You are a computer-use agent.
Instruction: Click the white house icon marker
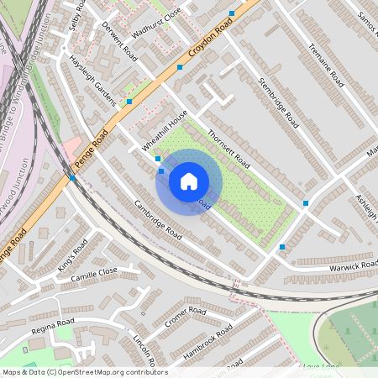tap(189, 181)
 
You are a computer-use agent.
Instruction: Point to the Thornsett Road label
tap(228, 146)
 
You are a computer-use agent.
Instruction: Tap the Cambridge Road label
tap(158, 220)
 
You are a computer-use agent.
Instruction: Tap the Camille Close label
tap(94, 274)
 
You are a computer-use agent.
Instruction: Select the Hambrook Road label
tap(207, 342)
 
